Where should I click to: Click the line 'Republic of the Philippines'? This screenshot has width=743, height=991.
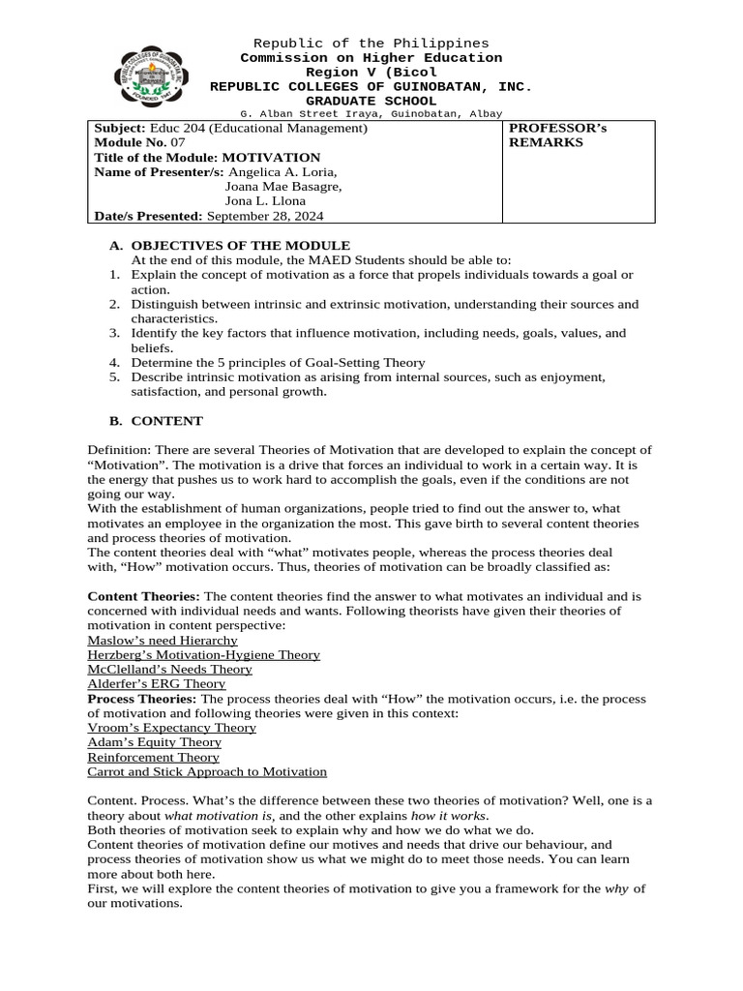[371, 44]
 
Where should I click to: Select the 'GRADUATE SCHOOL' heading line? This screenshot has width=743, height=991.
[371, 101]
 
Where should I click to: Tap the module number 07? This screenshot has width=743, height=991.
[178, 142]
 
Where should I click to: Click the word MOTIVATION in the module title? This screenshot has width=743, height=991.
[271, 157]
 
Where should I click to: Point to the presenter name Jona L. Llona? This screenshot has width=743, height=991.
[265, 200]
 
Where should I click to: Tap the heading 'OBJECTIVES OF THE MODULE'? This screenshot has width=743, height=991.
[240, 246]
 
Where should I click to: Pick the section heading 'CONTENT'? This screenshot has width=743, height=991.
[166, 421]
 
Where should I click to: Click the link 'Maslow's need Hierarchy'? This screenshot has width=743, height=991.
[162, 641]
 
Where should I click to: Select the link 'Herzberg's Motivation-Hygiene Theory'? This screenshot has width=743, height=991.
[203, 655]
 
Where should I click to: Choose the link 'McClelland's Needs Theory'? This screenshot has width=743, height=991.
[169, 670]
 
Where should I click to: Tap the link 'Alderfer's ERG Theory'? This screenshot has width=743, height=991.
[156, 684]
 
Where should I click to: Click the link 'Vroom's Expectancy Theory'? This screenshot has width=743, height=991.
[171, 728]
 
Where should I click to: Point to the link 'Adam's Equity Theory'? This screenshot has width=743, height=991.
[154, 742]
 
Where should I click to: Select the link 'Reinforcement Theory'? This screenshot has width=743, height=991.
[153, 757]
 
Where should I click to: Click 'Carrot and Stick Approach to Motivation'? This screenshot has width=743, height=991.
[207, 772]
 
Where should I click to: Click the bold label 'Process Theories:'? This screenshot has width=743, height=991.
[142, 699]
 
